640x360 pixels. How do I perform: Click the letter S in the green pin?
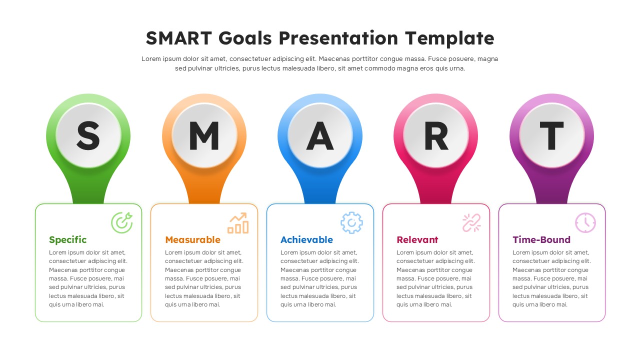pos(88,135)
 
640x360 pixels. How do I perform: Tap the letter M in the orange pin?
pos(204,135)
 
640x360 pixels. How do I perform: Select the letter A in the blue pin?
pos(320,135)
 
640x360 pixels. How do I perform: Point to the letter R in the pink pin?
pos(436,135)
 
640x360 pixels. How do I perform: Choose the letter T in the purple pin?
pos(551,135)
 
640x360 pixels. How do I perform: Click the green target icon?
pos(121,223)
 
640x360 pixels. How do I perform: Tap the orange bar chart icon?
pos(238,223)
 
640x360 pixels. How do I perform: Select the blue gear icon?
pos(351,223)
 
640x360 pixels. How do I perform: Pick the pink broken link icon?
pos(471,223)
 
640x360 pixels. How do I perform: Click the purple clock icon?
pos(585,223)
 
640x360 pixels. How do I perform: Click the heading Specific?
pos(68,240)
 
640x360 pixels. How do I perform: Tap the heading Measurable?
pos(192,240)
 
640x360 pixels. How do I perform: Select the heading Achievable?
pos(306,240)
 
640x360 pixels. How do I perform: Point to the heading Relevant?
pos(417,240)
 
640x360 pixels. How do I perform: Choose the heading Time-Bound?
pos(541,240)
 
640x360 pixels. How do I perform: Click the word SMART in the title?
pos(179,38)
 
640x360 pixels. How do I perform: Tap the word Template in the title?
pos(449,38)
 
